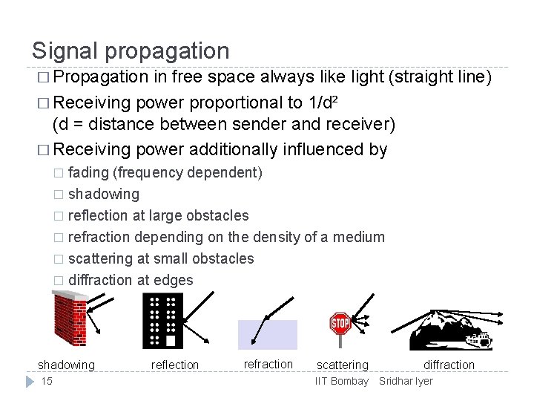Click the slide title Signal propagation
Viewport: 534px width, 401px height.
pyautogui.click(x=131, y=50)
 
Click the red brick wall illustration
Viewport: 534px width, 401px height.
pyautogui.click(x=70, y=319)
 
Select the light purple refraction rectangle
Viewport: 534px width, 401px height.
pyautogui.click(x=267, y=334)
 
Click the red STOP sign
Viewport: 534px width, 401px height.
pyautogui.click(x=340, y=324)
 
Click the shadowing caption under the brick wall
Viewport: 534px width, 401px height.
pyautogui.click(x=67, y=365)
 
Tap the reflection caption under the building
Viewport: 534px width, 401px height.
pyautogui.click(x=175, y=365)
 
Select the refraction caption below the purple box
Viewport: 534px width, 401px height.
pyautogui.click(x=268, y=364)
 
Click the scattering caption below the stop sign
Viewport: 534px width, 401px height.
pyautogui.click(x=342, y=365)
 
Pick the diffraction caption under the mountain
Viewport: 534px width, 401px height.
pyautogui.click(x=449, y=365)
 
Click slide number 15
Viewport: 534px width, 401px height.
pyautogui.click(x=47, y=381)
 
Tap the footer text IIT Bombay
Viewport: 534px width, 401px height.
pyautogui.click(x=342, y=381)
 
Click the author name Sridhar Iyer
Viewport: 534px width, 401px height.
pyautogui.click(x=406, y=381)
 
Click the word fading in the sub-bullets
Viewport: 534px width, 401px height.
pyautogui.click(x=88, y=172)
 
